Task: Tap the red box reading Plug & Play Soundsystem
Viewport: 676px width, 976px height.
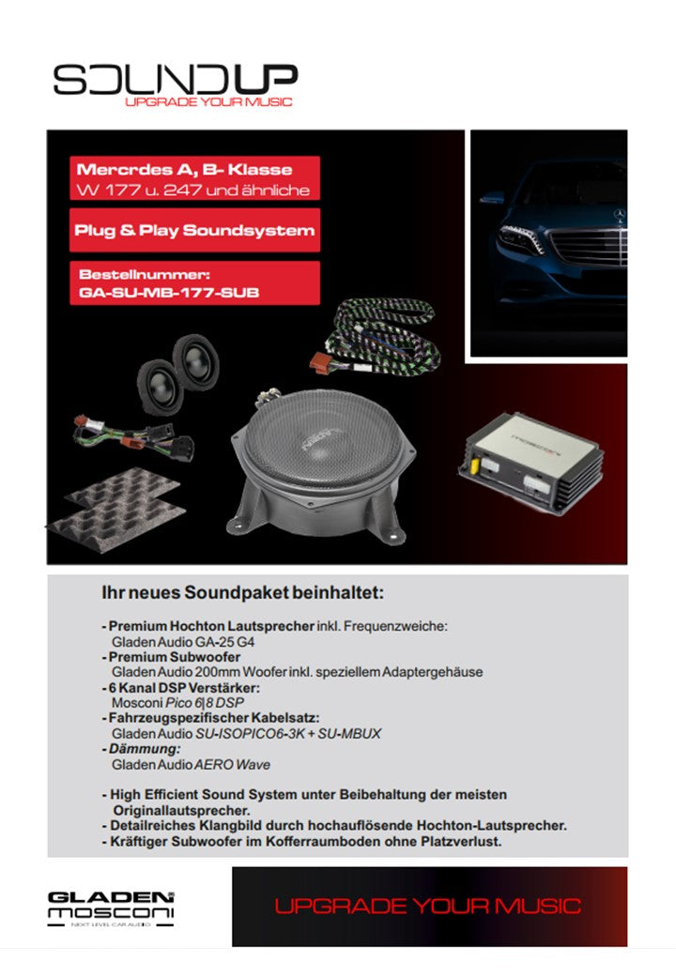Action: (x=194, y=230)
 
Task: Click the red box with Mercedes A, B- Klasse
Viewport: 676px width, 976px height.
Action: (x=194, y=178)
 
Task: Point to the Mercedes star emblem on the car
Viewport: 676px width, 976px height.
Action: (x=618, y=216)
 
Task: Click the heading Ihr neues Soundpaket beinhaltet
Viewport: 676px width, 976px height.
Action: (x=243, y=593)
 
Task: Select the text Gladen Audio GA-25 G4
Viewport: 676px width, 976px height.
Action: (x=183, y=642)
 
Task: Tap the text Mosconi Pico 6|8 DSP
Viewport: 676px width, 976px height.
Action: (x=177, y=702)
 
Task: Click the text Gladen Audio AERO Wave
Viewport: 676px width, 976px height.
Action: (x=191, y=764)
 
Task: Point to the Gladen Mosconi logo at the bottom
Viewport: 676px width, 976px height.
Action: (x=111, y=907)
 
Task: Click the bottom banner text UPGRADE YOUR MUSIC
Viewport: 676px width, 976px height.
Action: (x=427, y=907)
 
